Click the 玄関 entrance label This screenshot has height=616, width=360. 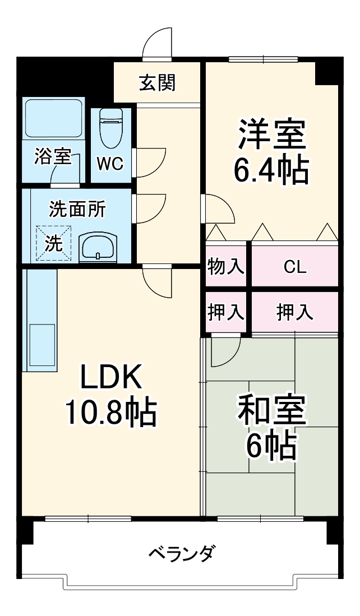[x=158, y=83]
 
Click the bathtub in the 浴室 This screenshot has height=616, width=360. [x=53, y=120]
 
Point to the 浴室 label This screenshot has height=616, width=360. [x=53, y=157]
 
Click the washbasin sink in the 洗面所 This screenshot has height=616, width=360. [x=99, y=246]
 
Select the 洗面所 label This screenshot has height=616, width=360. [x=77, y=209]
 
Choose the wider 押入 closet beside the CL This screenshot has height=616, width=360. [x=294, y=312]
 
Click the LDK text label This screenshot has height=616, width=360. [x=110, y=378]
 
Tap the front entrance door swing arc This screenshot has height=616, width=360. [x=157, y=42]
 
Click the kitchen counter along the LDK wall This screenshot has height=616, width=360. [x=39, y=320]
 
